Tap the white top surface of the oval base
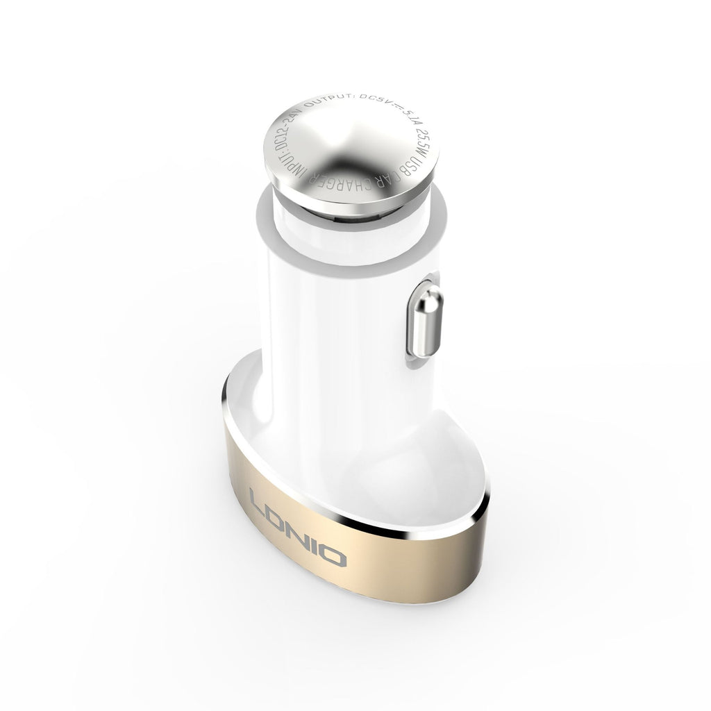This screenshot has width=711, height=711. (444, 444)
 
